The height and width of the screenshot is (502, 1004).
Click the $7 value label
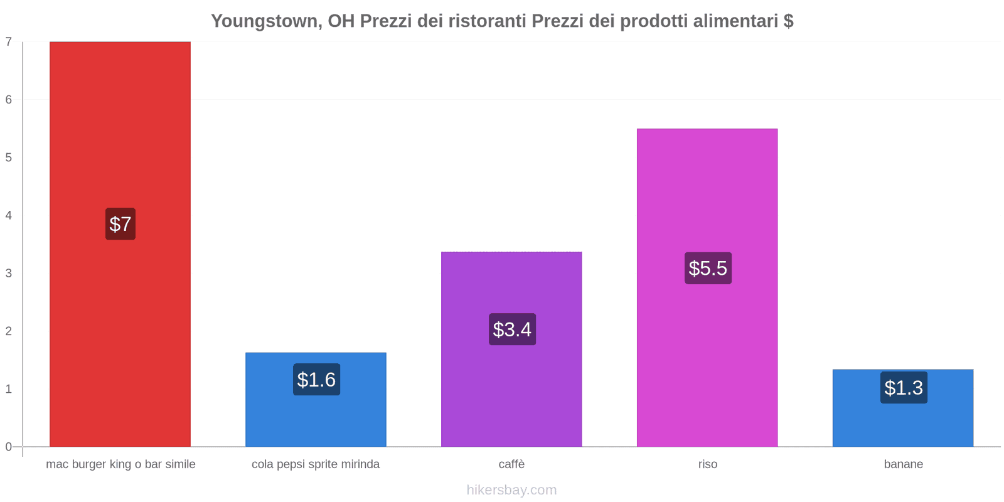[x=120, y=224]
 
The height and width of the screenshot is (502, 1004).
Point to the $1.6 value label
[x=316, y=380]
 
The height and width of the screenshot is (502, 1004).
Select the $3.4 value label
[x=512, y=329]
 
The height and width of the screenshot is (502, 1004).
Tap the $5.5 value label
[x=708, y=269]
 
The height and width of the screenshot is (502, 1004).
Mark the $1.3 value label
[x=904, y=388]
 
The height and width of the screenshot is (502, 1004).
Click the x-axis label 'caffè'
[x=511, y=464]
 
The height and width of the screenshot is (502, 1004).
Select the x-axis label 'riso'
[x=707, y=464]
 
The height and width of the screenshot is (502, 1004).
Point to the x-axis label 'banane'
[x=903, y=464]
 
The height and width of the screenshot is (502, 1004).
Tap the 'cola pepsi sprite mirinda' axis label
[x=316, y=464]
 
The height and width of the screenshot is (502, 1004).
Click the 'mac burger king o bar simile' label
[x=120, y=464]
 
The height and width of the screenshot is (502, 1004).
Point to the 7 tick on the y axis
[x=9, y=42]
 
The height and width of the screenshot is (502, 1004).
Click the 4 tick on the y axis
[x=9, y=215]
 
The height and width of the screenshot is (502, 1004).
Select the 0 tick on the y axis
[x=9, y=447]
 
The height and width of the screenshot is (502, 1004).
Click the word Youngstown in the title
[x=265, y=21]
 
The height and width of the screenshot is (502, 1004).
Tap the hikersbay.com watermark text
[x=511, y=490]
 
